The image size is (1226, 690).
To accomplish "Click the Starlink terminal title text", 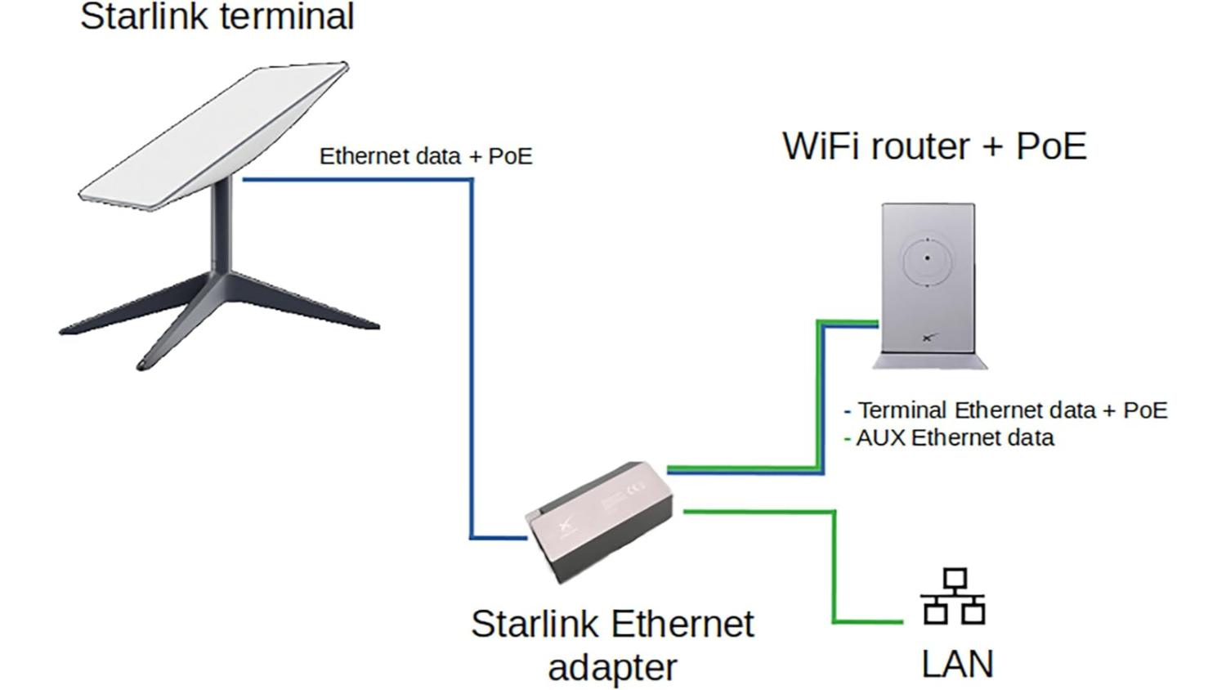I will pos(217,16).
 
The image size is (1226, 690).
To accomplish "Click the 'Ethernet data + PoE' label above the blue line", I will pos(425,156).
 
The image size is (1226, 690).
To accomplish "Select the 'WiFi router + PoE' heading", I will pos(934,146).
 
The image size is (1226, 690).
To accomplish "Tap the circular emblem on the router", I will pos(928,258).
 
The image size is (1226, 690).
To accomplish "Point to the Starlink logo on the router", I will pos(928,336).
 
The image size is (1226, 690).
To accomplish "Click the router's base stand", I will pos(929,361).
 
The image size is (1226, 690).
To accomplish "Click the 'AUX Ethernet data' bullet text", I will pos(955,438).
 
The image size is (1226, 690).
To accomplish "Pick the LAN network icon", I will pos(953,596).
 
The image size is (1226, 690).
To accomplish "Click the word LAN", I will pos(957,664).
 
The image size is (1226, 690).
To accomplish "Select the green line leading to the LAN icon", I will pos(834,572).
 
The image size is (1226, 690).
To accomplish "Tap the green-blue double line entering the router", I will pos(821,392).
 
